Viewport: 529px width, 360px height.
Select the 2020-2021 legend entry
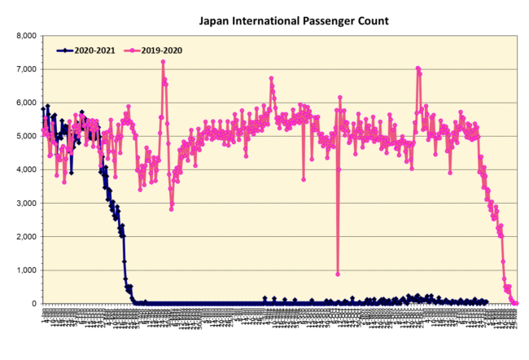[90, 50]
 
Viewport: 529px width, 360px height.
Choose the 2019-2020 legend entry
[160, 50]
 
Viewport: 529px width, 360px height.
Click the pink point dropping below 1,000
[337, 274]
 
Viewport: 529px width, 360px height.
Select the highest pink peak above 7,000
[163, 62]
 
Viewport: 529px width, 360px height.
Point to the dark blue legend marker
[61, 50]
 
